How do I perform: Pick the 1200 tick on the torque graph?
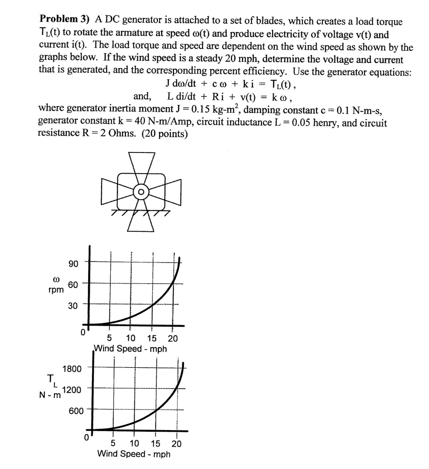tap(72, 390)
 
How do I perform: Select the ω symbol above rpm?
tap(57, 278)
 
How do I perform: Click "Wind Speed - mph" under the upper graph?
tap(130, 349)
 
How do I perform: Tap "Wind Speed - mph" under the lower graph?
tap(134, 454)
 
